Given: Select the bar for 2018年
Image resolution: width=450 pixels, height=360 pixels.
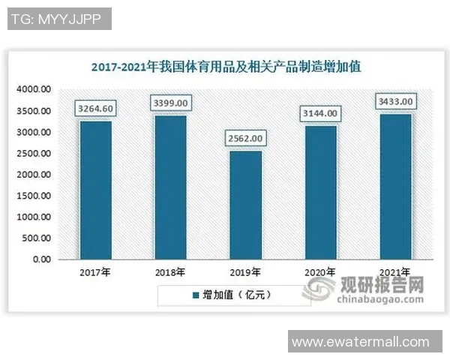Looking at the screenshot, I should tap(170, 187).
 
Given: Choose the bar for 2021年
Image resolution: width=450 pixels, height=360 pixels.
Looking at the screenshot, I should tap(395, 186).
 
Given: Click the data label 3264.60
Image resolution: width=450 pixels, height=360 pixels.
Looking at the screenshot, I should tap(95, 109).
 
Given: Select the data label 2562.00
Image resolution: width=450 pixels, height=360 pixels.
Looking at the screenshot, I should tap(245, 139).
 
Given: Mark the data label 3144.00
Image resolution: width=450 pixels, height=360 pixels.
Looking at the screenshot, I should tap(320, 113).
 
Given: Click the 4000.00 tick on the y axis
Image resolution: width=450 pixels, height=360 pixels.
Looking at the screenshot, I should tap(34, 89).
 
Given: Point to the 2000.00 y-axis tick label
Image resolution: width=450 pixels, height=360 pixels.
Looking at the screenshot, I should tap(34, 175).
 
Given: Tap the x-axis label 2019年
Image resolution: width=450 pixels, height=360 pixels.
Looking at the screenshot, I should tap(245, 272).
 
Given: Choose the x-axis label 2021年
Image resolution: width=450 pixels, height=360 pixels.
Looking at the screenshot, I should tap(395, 272).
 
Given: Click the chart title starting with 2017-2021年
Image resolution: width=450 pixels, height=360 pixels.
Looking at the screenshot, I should tap(225, 67).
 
